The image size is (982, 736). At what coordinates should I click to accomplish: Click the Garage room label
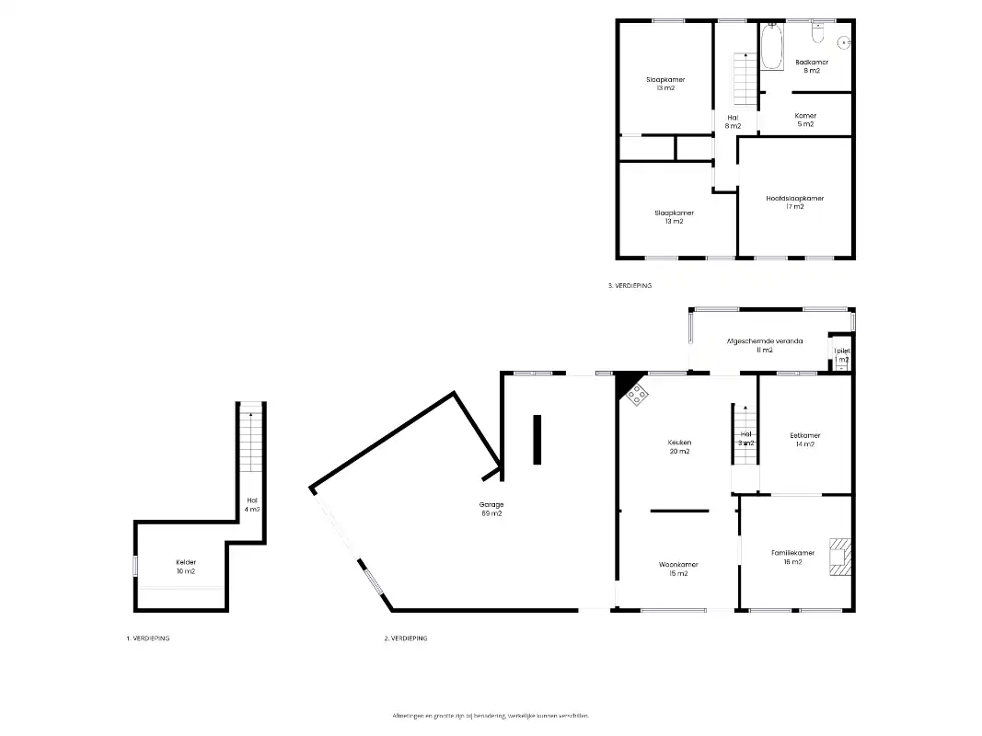[491, 509]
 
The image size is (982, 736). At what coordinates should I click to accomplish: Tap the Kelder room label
[186, 567]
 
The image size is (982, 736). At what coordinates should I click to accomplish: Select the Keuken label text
[679, 446]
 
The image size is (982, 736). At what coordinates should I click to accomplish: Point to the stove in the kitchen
[637, 395]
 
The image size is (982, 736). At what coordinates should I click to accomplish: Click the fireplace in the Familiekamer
[839, 556]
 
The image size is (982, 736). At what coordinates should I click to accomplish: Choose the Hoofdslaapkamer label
[794, 202]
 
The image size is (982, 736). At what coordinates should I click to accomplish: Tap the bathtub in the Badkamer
[771, 47]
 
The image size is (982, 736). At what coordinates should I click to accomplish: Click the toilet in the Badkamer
[817, 34]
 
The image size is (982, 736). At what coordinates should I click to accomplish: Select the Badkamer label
[812, 66]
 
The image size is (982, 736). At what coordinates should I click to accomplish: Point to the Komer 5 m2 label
[805, 120]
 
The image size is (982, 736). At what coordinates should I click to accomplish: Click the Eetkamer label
[804, 440]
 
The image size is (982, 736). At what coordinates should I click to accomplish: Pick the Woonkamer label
[678, 569]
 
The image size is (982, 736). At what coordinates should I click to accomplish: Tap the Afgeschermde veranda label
[764, 345]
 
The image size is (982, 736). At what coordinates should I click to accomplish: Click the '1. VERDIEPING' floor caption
[147, 638]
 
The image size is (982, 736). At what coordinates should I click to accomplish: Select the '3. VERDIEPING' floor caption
[630, 286]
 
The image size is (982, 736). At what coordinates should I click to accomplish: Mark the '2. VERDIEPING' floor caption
[405, 638]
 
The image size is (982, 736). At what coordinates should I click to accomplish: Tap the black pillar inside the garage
[537, 440]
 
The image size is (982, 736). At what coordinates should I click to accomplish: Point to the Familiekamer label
[792, 557]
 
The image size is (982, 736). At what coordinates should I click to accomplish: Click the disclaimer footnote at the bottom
[491, 715]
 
